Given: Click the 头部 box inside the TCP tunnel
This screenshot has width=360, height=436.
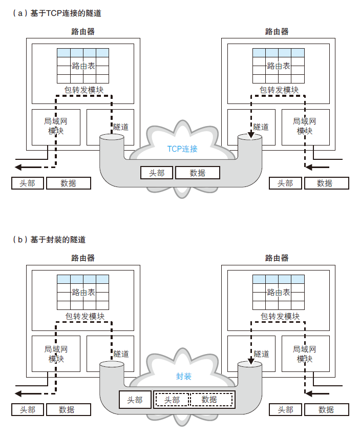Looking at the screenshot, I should tap(157, 173).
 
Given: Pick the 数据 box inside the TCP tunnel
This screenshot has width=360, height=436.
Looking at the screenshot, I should tap(198, 173).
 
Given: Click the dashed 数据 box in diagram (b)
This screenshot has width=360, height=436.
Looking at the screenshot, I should tap(209, 400).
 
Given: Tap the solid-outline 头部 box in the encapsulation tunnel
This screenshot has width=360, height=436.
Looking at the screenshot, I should tap(135, 400).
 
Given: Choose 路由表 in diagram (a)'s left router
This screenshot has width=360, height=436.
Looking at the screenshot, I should tap(83, 66).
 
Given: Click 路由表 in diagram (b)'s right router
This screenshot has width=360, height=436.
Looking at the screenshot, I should tap(279, 293).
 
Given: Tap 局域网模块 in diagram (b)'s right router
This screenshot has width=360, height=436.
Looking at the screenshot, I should tap(305, 354).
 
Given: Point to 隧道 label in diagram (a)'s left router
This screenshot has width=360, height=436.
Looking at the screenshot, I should tap(121, 127).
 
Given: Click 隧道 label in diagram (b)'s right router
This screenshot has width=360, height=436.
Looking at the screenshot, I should tap(262, 354).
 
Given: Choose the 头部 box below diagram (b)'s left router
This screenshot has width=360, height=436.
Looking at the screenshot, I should tap(28, 409).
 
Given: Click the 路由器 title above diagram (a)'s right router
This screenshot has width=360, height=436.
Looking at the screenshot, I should tap(277, 32).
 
